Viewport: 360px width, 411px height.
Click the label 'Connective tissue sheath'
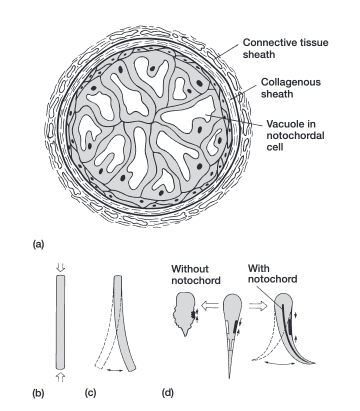point(292,48)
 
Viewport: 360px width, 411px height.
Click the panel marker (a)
point(38,244)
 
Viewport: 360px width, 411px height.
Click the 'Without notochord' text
point(196,274)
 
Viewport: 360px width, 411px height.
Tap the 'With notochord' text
point(272,273)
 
